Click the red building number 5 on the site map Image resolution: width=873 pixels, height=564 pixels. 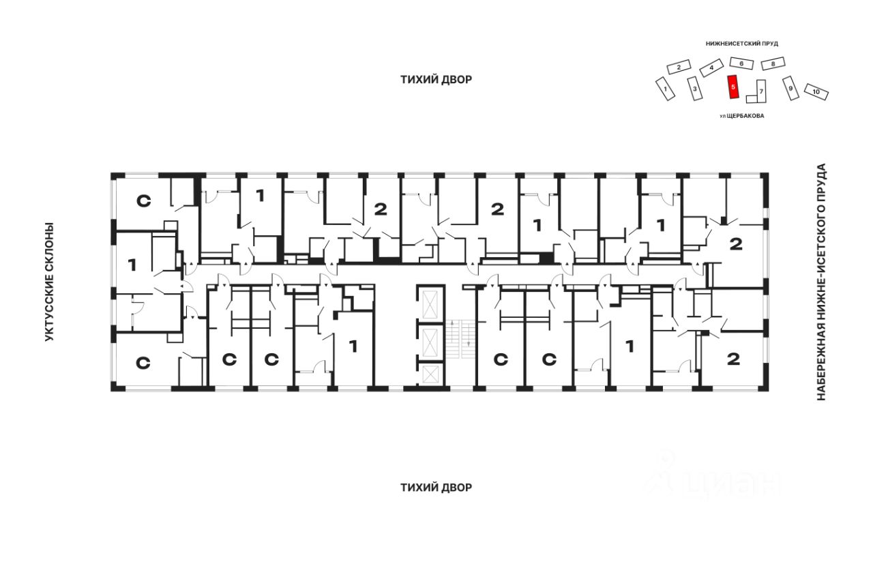(x=733, y=87)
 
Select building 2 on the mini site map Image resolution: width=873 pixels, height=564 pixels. (x=679, y=67)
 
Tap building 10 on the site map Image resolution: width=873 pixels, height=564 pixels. (x=816, y=92)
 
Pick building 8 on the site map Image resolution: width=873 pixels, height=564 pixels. (x=773, y=63)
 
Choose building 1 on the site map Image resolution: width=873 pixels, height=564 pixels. (x=665, y=89)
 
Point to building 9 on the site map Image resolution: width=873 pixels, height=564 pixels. (x=790, y=88)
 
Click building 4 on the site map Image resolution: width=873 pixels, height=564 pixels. (x=711, y=68)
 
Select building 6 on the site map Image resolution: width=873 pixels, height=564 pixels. (x=741, y=63)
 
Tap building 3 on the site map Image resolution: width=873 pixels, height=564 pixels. (x=694, y=89)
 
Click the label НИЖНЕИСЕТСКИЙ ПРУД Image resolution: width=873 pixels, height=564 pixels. (x=742, y=44)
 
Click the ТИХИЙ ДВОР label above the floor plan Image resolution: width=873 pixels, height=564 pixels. (x=436, y=80)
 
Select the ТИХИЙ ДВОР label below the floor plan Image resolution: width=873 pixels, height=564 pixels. (x=436, y=488)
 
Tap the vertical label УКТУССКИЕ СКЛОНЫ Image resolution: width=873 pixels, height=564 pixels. (x=48, y=282)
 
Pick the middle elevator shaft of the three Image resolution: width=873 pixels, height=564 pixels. (x=430, y=342)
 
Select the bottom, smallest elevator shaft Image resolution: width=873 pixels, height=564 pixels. (x=430, y=374)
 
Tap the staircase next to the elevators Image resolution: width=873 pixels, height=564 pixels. (x=461, y=339)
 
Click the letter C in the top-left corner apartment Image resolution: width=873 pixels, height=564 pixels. (x=143, y=201)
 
